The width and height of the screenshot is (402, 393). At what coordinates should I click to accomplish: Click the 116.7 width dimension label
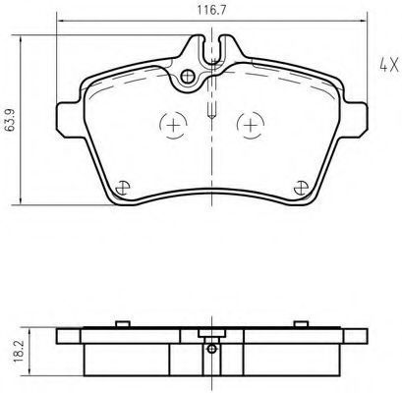[211, 10]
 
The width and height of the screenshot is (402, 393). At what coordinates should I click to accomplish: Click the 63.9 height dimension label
[11, 120]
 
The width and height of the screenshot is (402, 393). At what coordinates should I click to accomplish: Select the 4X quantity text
[389, 65]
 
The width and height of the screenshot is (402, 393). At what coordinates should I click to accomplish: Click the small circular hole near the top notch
[188, 77]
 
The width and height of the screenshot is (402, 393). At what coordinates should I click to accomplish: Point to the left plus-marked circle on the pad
[173, 125]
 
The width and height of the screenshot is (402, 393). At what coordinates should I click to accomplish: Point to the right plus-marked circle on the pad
[251, 125]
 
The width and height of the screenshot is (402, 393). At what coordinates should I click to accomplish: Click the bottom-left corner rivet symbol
[123, 188]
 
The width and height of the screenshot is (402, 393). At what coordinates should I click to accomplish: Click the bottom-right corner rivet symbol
[301, 188]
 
